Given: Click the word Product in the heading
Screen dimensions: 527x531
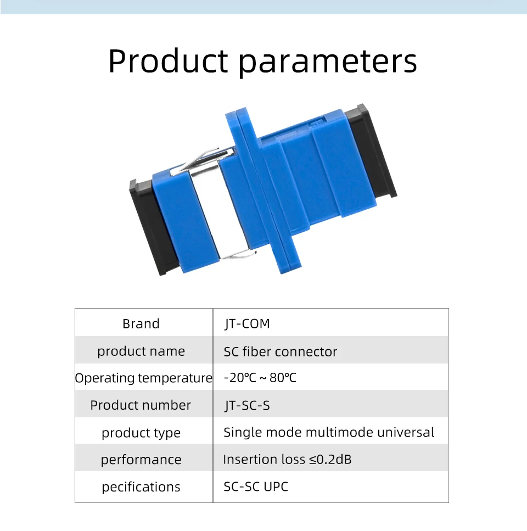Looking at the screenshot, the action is coord(168,61).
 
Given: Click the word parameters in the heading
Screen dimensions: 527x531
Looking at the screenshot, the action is coord(328,63).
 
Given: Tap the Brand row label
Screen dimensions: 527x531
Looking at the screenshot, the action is coord(141,324).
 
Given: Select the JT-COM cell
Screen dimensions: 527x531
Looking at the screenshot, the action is coord(247,324).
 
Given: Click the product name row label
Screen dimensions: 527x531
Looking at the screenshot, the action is coord(141,351).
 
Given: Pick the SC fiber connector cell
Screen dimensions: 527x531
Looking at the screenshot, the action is coord(281,351).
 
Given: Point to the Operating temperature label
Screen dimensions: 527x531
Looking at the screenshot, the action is coord(143,378).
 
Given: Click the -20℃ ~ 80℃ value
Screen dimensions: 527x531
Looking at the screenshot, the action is coord(260,378).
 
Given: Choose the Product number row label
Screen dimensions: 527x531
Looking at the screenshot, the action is coord(141,405).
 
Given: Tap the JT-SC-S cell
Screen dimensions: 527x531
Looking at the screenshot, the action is coord(247,405).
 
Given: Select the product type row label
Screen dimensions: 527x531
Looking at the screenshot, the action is coord(141,433).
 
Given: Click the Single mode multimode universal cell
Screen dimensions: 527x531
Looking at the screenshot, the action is coord(329,433).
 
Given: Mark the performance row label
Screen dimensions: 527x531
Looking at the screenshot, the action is coord(141,460).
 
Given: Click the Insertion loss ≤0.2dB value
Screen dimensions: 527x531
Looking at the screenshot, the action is coord(287,460).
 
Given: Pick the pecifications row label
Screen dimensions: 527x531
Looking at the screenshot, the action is coord(141,487).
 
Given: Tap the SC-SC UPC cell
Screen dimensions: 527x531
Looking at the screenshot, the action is coord(256,487).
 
